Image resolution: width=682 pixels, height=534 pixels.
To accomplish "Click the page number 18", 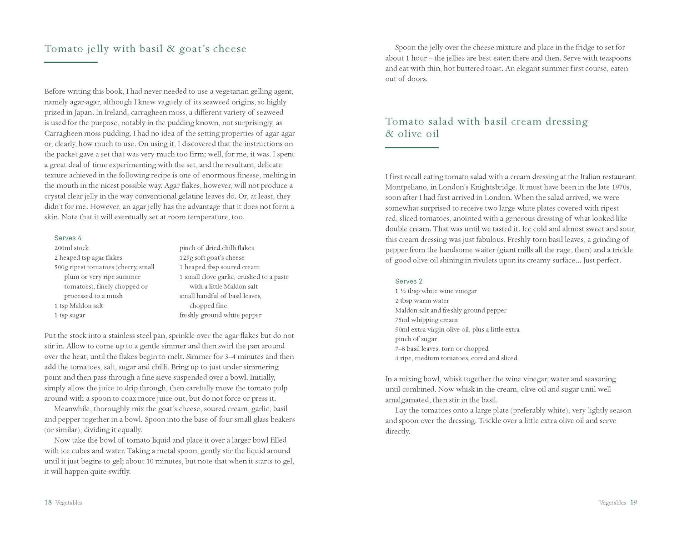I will pyautogui.click(x=48, y=503).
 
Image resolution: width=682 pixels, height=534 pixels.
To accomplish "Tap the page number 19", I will pyautogui.click(x=633, y=503).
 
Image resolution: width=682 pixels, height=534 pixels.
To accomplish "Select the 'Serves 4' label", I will pyautogui.click(x=68, y=238).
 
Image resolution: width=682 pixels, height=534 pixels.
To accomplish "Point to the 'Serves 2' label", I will pyautogui.click(x=409, y=281).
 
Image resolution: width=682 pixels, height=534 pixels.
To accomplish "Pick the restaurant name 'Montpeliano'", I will pyautogui.click(x=407, y=187).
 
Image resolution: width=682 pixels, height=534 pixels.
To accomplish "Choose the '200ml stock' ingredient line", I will pyautogui.click(x=71, y=248).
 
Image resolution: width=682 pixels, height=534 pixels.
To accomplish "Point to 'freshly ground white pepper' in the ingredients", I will pyautogui.click(x=221, y=315).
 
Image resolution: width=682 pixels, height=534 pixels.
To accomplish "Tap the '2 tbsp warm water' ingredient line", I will pyautogui.click(x=422, y=301).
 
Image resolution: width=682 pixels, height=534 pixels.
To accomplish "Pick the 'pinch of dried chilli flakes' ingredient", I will pyautogui.click(x=216, y=248).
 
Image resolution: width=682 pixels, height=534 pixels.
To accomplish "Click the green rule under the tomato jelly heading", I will pyautogui.click(x=71, y=62).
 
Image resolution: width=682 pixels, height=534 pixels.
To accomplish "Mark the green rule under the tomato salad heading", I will pyautogui.click(x=412, y=147).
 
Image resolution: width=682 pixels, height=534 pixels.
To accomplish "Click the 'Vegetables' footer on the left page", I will pyautogui.click(x=69, y=503).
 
